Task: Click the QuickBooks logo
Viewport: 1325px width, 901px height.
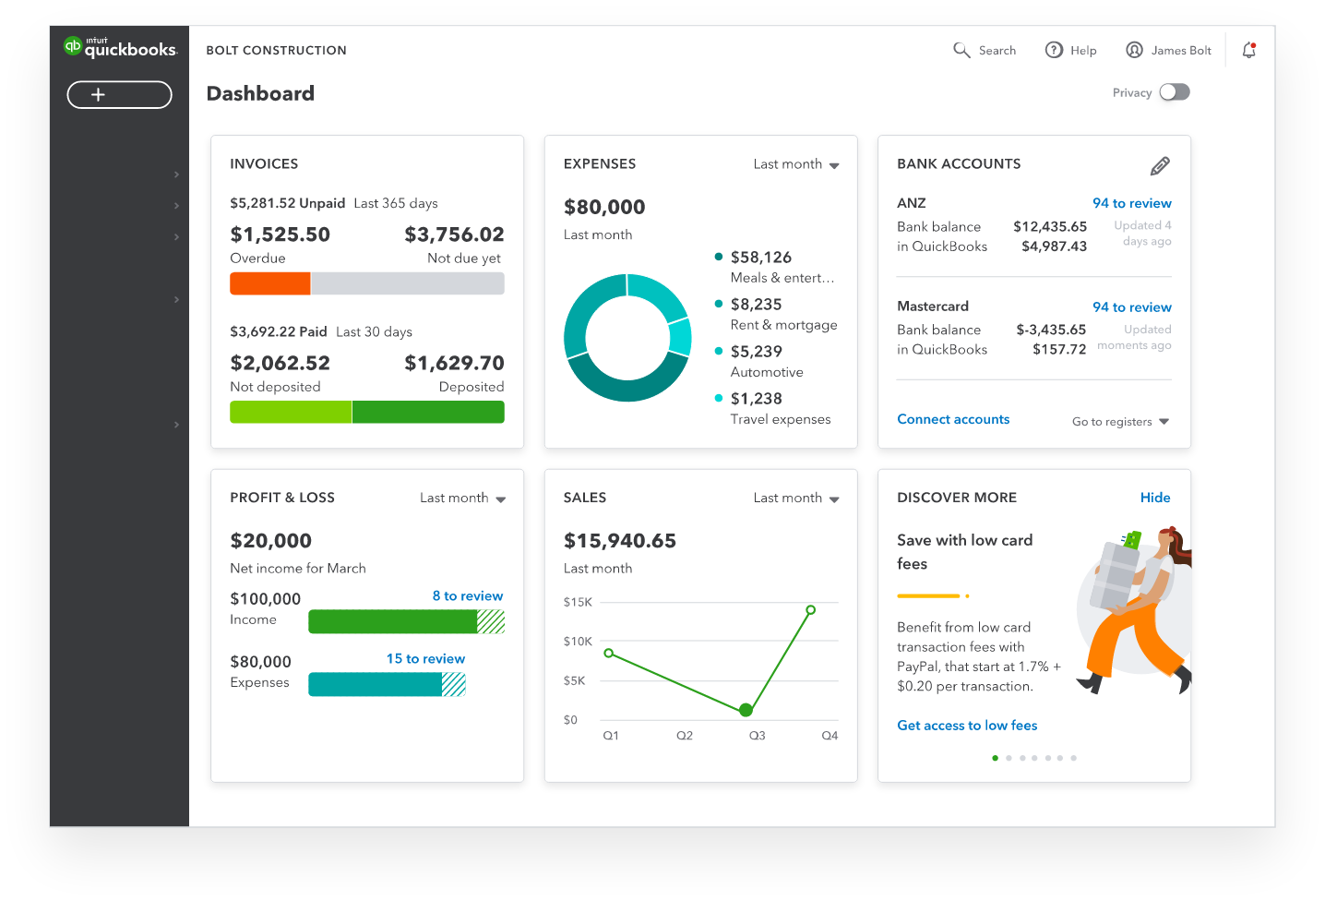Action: [119, 48]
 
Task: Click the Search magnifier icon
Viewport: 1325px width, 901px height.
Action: [961, 50]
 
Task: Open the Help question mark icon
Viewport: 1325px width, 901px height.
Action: [1054, 50]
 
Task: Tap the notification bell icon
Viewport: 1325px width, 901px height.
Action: [1248, 51]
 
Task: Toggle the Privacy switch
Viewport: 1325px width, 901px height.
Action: [1175, 92]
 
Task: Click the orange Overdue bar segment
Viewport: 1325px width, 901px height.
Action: [269, 283]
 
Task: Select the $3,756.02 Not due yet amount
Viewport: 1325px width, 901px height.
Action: [454, 234]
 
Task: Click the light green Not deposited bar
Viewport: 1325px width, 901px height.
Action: [291, 412]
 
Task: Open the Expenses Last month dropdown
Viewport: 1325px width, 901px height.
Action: [796, 164]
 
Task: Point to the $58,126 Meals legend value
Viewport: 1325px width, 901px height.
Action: [760, 258]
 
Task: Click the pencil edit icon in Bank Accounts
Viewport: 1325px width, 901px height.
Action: [1160, 166]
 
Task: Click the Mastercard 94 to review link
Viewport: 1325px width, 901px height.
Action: [1131, 307]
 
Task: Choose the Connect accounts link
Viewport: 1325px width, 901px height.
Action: [953, 419]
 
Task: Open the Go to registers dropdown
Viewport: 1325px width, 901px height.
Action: [1120, 422]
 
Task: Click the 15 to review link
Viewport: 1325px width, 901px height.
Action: [425, 659]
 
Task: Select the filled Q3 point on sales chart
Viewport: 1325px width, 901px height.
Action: [746, 710]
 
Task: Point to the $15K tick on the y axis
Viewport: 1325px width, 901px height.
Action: [578, 602]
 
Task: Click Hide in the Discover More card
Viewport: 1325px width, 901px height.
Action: [1154, 498]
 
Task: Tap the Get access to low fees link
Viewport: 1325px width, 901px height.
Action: [967, 726]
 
